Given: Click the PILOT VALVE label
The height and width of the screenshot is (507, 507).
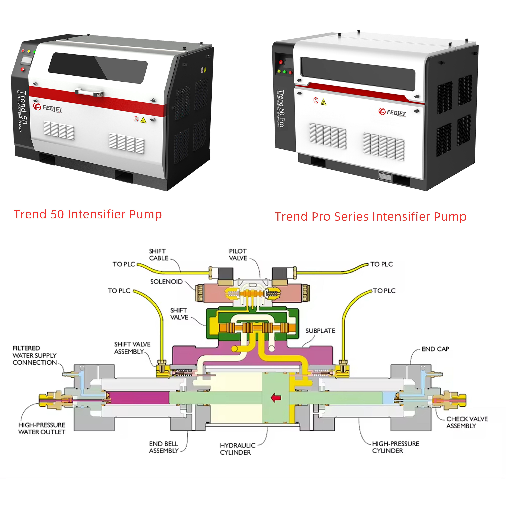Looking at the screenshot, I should coord(238,255).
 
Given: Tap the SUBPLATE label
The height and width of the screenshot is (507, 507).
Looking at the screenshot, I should coord(320,331).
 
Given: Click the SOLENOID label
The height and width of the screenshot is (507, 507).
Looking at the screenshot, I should coord(166,282).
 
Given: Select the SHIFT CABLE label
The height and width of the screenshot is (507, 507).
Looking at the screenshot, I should coord(159,255).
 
